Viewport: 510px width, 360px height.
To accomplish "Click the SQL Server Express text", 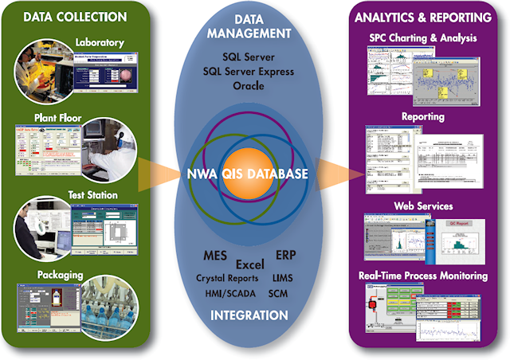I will pyautogui.click(x=248, y=72).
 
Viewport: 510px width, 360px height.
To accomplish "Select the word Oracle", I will pyautogui.click(x=248, y=86).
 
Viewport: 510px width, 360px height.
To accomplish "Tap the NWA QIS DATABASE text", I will pyautogui.click(x=248, y=172).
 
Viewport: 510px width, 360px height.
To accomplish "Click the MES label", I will pyautogui.click(x=214, y=256).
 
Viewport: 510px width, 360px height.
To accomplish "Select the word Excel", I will pyautogui.click(x=249, y=264).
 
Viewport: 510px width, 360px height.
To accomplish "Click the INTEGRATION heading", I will pyautogui.click(x=249, y=315).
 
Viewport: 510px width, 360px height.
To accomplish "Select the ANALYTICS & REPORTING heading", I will pyautogui.click(x=430, y=16).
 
